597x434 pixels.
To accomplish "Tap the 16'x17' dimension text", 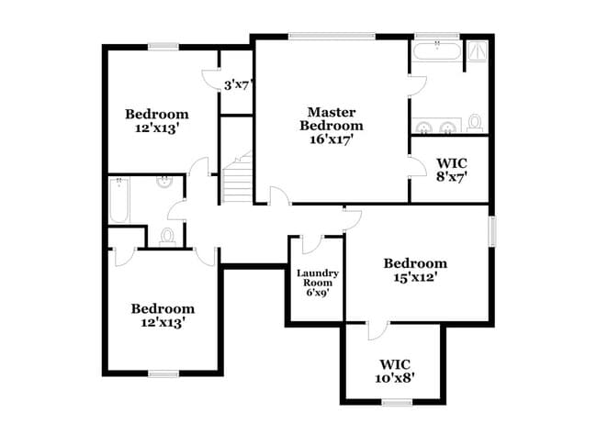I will pos(332,139).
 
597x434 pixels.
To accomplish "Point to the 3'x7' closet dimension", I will pos(239,85).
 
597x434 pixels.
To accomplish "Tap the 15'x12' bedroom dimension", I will pos(415,277).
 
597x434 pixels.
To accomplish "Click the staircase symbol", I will pos(238,180).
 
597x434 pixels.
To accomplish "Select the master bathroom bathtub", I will pos(435,50).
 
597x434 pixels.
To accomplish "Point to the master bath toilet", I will pos(475,121).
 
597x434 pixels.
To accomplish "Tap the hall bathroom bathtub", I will pos(119,200).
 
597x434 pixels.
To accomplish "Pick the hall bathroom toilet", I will pos(167,237).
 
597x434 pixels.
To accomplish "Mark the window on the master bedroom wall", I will pos(332,37).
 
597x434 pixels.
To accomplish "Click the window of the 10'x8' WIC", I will pos(396,401).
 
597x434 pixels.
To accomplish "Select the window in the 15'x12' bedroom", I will pos(491,229).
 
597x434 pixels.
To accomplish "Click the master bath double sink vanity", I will pos(435,126).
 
